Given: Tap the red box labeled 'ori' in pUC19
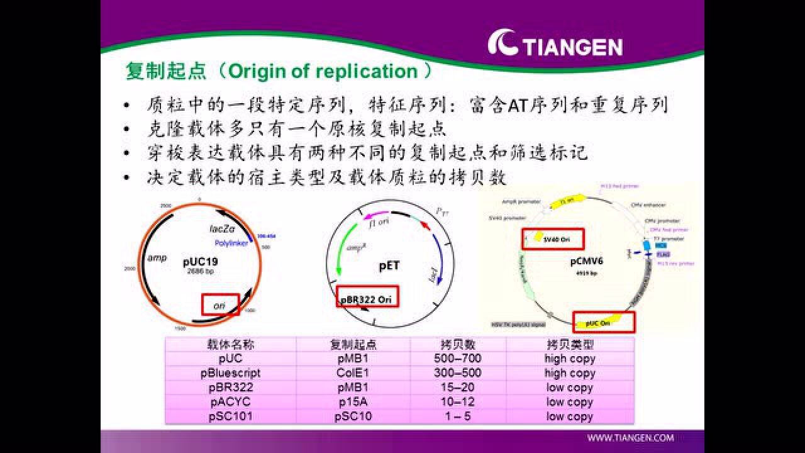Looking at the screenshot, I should click(220, 305).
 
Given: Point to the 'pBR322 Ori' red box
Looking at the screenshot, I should click(367, 299).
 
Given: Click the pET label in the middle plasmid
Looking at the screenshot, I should click(389, 266).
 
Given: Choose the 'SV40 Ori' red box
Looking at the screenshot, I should click(553, 239).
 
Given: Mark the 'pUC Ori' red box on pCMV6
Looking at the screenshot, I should click(603, 322).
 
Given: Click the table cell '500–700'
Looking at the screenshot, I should click(457, 359).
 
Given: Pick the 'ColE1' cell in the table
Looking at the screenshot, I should click(353, 373).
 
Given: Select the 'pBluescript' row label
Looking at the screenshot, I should click(230, 373).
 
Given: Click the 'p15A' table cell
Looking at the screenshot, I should click(353, 402).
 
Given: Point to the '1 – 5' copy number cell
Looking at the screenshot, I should click(457, 417).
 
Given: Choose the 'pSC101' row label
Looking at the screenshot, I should click(230, 417).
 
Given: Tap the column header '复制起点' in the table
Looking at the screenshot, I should click(353, 345).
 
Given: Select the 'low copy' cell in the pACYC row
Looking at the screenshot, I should click(569, 402).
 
